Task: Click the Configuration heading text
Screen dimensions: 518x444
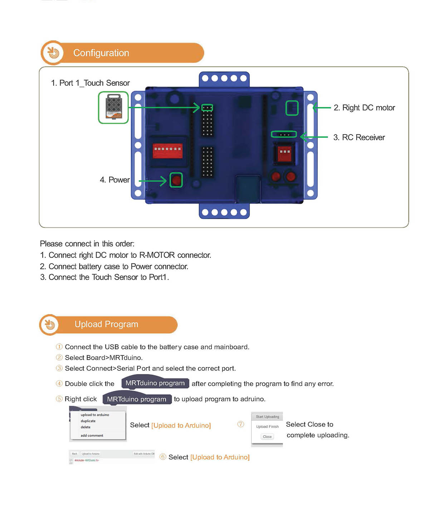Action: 101,53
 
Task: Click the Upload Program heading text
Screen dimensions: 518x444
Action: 106,324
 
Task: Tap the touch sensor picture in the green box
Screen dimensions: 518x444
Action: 113,107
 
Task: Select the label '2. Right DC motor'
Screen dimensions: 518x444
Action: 364,108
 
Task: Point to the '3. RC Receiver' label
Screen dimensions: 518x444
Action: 359,138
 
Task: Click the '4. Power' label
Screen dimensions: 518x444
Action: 114,180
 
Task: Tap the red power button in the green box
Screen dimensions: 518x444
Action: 176,180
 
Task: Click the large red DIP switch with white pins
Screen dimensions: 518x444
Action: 167,151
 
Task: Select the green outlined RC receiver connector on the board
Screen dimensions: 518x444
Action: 284,134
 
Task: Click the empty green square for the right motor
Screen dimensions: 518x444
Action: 292,108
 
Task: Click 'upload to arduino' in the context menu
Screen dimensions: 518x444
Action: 95,415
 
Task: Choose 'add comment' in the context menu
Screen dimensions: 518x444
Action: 92,435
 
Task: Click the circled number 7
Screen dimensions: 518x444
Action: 241,424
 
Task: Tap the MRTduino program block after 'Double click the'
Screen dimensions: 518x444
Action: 155,383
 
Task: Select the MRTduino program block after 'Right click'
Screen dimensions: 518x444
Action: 137,399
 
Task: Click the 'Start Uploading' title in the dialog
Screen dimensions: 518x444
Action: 267,417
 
